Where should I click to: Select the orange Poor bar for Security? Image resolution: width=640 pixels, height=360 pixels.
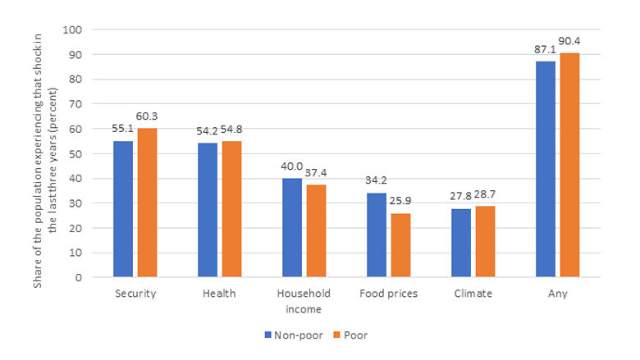pyautogui.click(x=147, y=203)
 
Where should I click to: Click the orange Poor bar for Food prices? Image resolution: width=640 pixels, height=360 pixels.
pyautogui.click(x=400, y=245)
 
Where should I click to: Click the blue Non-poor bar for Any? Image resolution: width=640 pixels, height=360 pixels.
pyautogui.click(x=546, y=169)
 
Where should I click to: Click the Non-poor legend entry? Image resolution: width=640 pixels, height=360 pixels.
pyautogui.click(x=289, y=335)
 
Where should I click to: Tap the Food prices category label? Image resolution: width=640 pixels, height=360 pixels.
pyautogui.click(x=389, y=294)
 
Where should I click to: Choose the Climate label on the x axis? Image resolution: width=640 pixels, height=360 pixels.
pyautogui.click(x=474, y=294)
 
